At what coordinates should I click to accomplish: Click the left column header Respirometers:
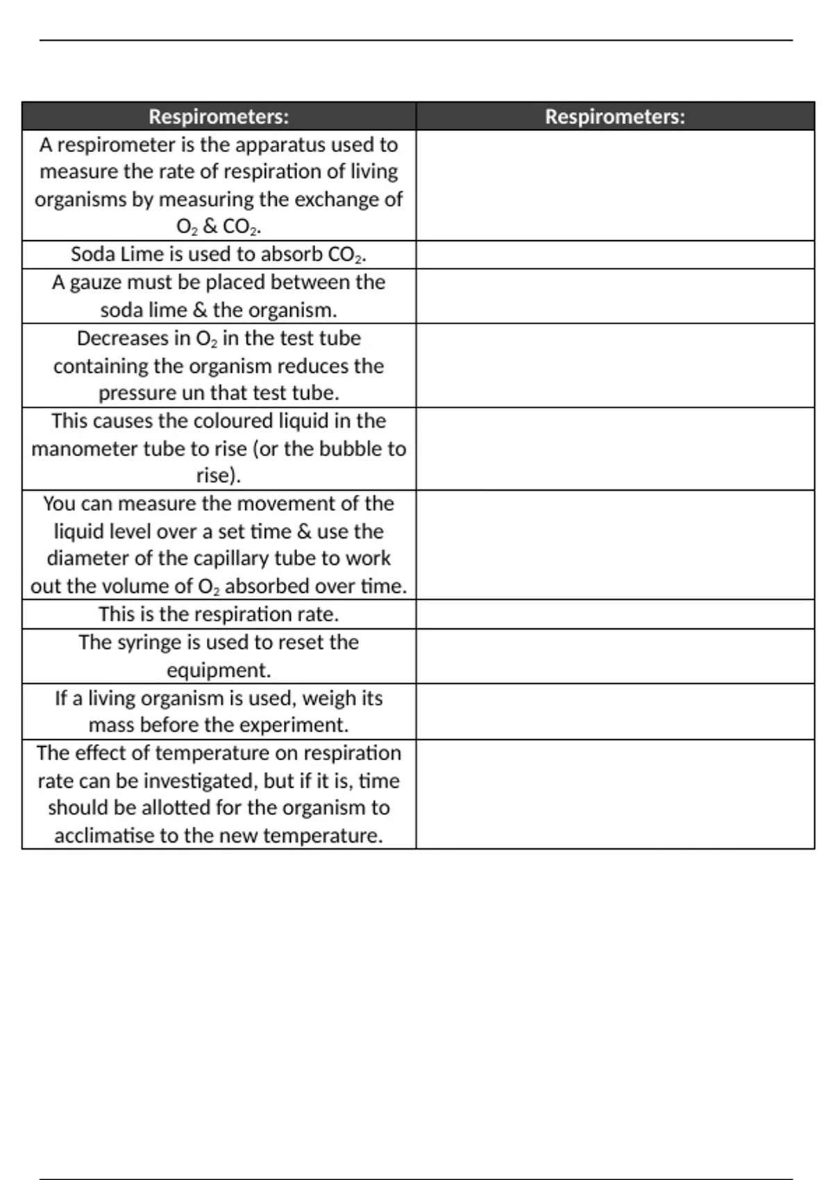[219, 117]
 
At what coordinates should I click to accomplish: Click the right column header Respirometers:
[615, 117]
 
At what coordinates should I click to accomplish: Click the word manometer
[85, 449]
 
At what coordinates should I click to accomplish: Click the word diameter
[90, 559]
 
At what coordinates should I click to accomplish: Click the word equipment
[217, 671]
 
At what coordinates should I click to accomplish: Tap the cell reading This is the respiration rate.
[219, 615]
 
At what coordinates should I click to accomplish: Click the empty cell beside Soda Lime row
[615, 255]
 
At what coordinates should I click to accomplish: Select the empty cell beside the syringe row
[615, 657]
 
